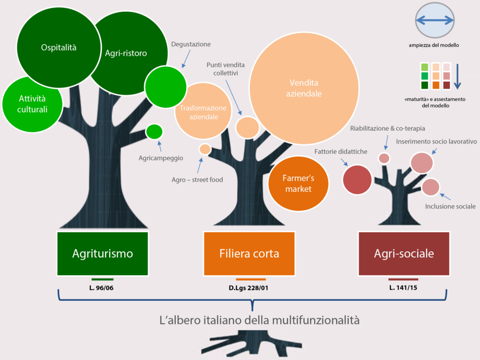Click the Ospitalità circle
(x=59, y=47)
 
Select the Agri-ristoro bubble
(x=126, y=53)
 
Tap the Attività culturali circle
(x=33, y=104)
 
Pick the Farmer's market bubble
(x=298, y=183)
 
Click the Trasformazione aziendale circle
(x=203, y=112)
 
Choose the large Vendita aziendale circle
(x=304, y=89)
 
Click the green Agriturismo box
(x=102, y=254)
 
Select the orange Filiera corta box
(x=249, y=254)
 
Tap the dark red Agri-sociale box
(x=404, y=254)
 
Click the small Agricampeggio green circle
(x=154, y=132)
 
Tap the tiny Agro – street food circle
(x=205, y=150)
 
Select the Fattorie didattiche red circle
(x=358, y=180)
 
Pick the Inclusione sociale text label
(x=450, y=206)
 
